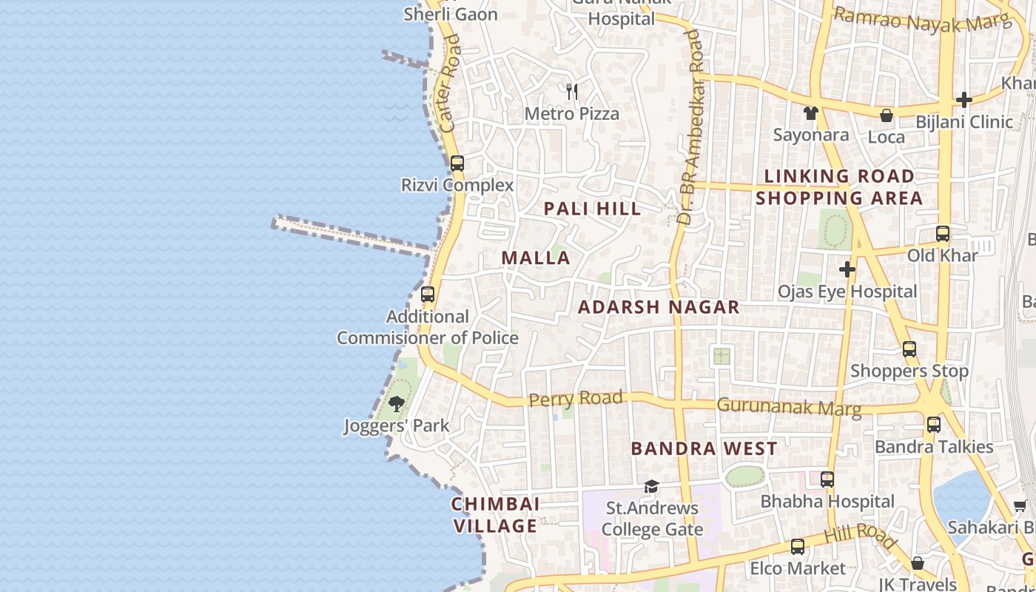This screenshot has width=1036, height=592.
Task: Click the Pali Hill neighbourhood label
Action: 592,209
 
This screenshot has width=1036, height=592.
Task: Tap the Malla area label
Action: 536,258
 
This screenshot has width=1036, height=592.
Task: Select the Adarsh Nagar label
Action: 659,307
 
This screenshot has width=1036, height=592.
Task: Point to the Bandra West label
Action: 704,448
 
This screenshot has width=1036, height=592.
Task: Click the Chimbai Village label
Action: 495,515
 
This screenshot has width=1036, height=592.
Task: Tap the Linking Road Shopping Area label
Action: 839,187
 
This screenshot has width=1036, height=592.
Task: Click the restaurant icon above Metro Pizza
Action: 572,92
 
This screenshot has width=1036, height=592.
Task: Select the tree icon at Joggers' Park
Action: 397,404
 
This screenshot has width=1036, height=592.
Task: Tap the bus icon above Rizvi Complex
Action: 457,164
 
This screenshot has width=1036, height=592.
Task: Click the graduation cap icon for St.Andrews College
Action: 651,486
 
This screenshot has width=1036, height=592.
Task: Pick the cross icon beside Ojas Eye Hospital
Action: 847,269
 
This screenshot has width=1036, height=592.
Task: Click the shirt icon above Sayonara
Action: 811,113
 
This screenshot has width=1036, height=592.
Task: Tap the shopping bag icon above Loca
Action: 886,115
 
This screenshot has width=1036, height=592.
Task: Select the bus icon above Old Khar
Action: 943,234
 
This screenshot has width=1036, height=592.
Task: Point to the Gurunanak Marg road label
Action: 789,407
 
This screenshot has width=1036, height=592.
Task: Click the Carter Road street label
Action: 449,84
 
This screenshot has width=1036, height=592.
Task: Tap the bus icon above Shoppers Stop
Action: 909,349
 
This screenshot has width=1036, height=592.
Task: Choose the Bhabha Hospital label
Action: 827,501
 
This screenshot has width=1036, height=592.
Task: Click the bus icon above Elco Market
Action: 798,547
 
